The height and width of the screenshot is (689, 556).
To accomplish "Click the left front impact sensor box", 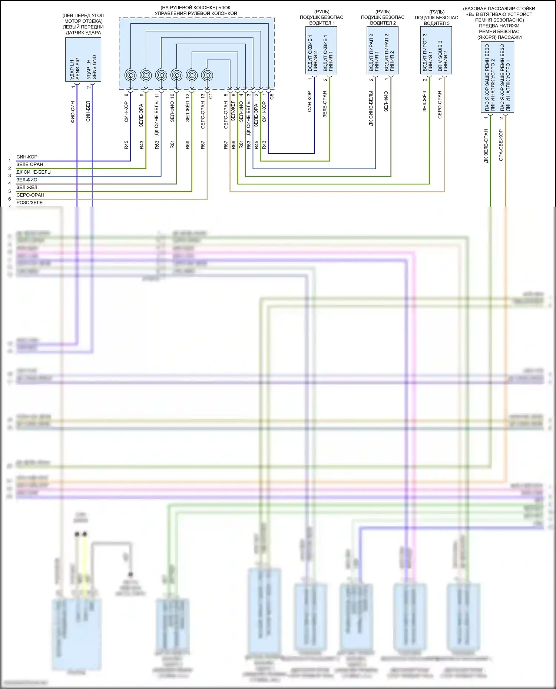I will pos(83,59).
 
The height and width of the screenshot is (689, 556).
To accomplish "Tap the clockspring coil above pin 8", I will pos(130,76).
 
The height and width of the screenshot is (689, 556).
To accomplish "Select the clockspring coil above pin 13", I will pos(207,76).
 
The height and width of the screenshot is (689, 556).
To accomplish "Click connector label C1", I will pos(211,96).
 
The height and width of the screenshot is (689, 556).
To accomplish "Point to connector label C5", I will pos(272,96).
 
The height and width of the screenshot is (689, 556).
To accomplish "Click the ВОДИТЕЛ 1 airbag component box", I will pos(321,50).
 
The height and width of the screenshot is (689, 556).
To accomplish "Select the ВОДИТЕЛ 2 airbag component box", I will pos(382,50).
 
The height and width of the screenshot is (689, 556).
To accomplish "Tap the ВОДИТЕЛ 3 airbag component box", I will pos(436,50).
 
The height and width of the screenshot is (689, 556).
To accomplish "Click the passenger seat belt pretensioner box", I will pos(497,77).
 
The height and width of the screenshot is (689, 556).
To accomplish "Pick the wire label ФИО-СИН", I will pos(73,112).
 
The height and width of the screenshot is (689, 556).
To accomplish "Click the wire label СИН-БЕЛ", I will pos(88,111).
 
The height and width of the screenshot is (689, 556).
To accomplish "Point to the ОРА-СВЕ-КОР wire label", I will pos(501,145).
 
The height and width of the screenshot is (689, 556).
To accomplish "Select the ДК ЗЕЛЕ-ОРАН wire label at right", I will pos(486,146).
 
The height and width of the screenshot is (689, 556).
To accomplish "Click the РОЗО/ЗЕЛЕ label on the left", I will pos(29,203).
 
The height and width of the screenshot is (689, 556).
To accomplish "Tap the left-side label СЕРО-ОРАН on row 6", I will pos(30,195).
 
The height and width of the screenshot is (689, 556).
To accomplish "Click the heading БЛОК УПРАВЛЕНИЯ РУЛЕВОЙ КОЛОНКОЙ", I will pos(196,10).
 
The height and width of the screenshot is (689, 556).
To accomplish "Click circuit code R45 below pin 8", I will pos(126,145).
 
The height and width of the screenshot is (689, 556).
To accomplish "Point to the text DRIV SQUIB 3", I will pos(440,56).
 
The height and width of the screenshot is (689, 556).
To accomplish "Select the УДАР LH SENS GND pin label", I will pos(91,67).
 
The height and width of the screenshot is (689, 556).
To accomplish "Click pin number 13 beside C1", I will pos(203,96).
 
